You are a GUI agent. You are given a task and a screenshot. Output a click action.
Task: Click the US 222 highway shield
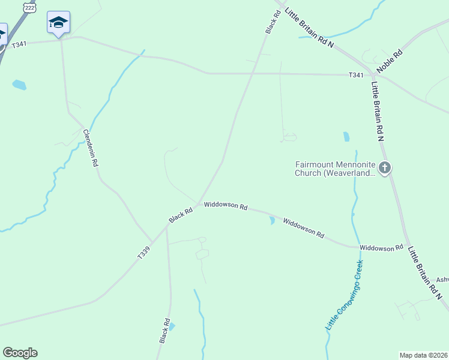coord(29,7)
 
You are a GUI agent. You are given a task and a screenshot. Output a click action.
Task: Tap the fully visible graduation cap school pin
coord(58,23)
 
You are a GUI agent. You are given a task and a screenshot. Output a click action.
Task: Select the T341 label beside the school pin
coord(19,44)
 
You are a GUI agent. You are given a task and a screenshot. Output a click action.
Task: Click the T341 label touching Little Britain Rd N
coord(356,75)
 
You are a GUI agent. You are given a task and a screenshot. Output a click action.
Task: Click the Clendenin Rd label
coord(90,148)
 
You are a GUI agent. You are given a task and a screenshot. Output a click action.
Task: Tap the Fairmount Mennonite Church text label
coord(334,168)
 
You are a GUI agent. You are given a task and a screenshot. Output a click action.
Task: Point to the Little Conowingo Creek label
coord(345,295)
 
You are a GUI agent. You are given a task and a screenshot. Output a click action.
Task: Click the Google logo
coord(20,353)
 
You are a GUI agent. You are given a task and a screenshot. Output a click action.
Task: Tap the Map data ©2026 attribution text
coord(424,355)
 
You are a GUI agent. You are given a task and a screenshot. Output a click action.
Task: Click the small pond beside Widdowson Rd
coord(272,221)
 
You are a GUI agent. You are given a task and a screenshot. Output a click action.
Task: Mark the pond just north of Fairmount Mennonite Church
coord(346,136)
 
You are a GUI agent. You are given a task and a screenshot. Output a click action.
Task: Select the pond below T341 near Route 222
coord(19,85)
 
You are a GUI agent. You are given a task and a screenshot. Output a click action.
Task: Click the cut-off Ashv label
coord(442,280)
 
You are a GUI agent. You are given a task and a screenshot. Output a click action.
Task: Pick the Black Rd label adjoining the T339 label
coord(181,215)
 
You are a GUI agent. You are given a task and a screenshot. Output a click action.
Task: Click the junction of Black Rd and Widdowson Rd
coord(199,204)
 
